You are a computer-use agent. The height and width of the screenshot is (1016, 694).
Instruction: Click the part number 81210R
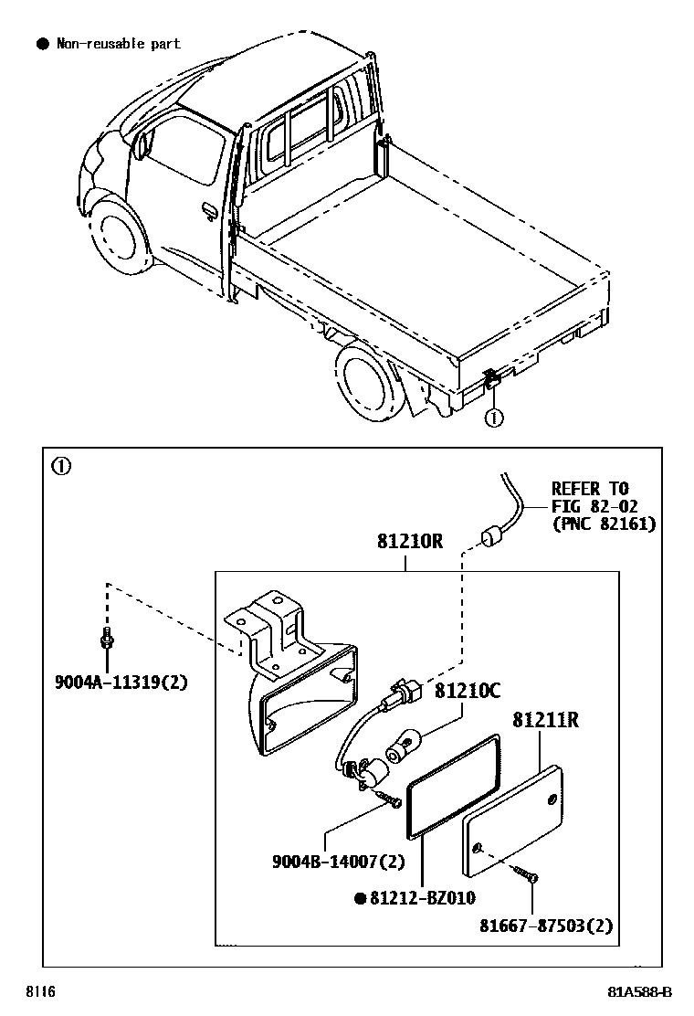(x=409, y=542)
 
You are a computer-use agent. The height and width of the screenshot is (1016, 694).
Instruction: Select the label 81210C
(x=467, y=691)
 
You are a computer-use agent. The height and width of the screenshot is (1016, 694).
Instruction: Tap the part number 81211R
(x=545, y=720)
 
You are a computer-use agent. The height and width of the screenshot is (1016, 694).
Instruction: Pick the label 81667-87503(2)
(x=546, y=926)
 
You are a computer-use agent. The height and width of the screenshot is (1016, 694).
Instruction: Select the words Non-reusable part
(x=118, y=43)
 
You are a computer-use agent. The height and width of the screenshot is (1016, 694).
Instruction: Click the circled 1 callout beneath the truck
(x=493, y=418)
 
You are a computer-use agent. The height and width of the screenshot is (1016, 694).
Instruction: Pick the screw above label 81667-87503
(x=526, y=873)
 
